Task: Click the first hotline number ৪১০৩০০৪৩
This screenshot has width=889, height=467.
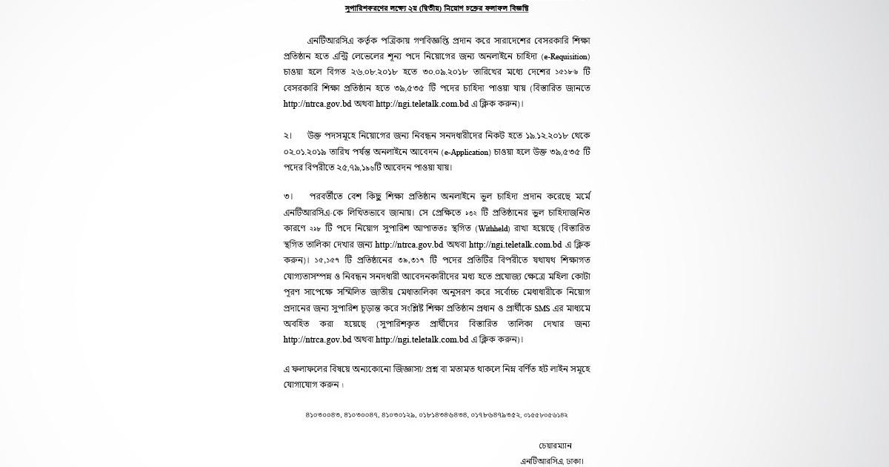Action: pyautogui.click(x=322, y=416)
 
